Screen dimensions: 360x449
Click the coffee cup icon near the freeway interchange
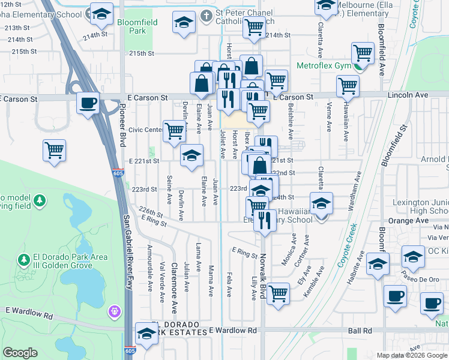tap(88, 103)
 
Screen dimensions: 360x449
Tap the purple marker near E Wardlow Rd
tap(115, 311)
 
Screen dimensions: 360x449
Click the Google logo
tap(20, 353)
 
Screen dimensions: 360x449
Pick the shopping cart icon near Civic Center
tap(174, 130)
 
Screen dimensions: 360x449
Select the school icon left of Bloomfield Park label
tap(101, 13)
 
